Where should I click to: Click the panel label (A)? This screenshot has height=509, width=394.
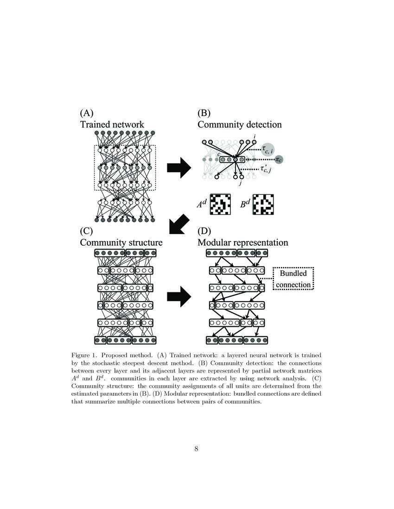88,113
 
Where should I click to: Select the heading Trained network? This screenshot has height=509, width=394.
112,124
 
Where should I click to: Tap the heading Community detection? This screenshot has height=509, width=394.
239,124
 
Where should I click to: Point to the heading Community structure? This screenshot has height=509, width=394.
121,242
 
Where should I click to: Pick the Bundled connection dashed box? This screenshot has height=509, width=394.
293,279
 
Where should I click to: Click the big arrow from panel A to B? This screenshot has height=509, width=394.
178,167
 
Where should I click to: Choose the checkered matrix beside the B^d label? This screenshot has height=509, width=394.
263,204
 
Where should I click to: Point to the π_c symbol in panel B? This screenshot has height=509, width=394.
280,160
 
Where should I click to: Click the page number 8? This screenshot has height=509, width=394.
197,448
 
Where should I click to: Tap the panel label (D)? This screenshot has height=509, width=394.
205,230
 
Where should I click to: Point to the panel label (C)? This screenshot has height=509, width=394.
88,230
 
